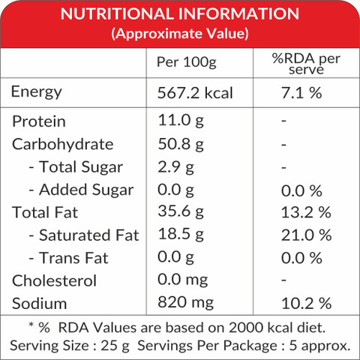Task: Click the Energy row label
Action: point(37,92)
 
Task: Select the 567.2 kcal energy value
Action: point(195,93)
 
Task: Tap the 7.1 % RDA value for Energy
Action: point(301,93)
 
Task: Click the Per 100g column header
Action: point(187,62)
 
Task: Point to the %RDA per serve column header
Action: point(306,64)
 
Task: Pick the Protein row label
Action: point(39,121)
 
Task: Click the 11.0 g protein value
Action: point(181,121)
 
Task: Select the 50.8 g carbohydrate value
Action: point(181,144)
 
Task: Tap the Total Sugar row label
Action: point(76,167)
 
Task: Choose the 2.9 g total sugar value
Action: point(175,167)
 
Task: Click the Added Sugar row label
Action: point(81,190)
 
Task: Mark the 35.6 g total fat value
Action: point(181,211)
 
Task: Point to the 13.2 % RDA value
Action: point(306,212)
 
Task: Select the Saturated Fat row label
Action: point(84,235)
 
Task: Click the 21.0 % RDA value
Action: point(307,235)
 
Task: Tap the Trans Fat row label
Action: point(69,258)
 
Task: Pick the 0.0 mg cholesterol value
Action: point(183,280)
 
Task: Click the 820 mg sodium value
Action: point(185,302)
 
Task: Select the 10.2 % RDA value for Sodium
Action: point(307,304)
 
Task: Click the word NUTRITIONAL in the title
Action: point(117,13)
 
